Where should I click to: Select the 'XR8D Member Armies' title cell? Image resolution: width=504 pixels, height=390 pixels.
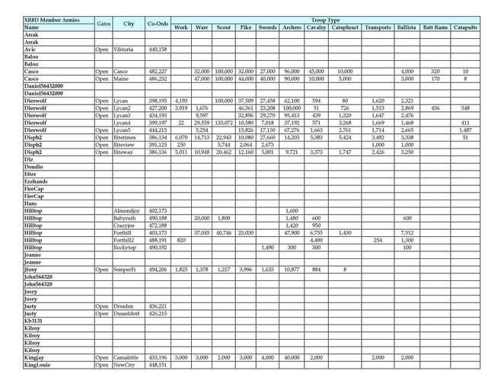tap(46, 20)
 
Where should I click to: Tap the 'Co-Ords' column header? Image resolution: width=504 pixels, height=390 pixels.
tap(158, 24)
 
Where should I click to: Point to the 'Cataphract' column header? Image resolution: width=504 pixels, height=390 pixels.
tap(345, 27)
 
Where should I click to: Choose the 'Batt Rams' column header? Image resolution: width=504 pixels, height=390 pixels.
tap(435, 27)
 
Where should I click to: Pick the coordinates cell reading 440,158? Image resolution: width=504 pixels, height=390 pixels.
tap(158, 50)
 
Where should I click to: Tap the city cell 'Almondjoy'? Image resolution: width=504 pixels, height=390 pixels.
tap(127, 210)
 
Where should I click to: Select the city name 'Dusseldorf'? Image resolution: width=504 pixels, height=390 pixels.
tap(128, 313)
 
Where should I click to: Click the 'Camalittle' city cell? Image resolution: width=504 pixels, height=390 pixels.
tap(126, 357)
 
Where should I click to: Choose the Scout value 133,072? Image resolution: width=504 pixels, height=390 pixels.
tap(223, 123)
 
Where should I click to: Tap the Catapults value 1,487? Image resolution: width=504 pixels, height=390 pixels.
tap(465, 130)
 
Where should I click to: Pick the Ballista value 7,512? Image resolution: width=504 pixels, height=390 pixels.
tap(407, 232)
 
